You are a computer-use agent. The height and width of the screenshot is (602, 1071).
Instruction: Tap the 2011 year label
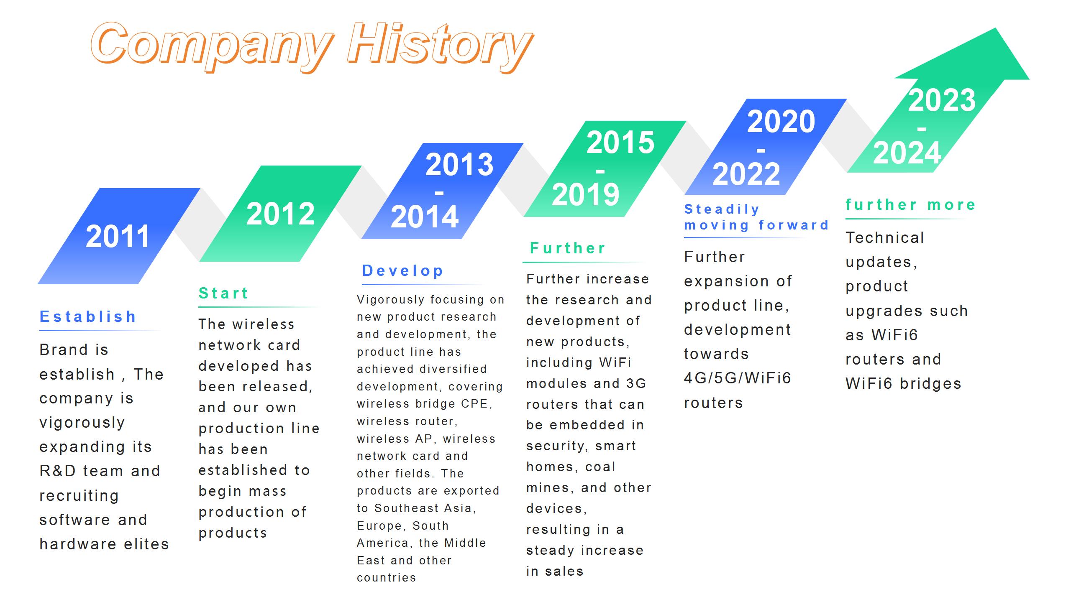click(118, 237)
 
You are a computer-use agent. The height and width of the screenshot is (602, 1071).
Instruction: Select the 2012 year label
click(280, 214)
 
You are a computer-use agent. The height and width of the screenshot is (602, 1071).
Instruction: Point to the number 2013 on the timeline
click(459, 165)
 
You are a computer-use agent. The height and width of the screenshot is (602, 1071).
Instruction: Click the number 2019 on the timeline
click(585, 195)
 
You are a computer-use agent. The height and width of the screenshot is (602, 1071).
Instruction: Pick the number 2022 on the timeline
click(746, 174)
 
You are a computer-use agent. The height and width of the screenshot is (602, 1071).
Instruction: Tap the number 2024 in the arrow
click(907, 153)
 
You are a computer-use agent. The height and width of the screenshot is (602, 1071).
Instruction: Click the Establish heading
click(88, 316)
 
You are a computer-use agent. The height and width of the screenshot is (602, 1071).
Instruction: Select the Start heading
click(224, 293)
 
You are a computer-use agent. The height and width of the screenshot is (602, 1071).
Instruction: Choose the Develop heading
click(403, 270)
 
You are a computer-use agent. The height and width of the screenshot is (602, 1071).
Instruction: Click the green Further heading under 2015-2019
click(568, 248)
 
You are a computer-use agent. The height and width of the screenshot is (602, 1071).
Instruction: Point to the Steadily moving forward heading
click(756, 217)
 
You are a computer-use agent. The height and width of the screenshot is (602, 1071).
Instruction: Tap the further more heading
click(911, 204)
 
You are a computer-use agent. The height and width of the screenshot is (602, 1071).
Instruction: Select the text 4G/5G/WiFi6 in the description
click(738, 378)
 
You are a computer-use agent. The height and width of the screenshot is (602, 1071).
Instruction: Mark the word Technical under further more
click(885, 237)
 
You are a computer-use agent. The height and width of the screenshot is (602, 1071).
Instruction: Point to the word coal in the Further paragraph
click(600, 467)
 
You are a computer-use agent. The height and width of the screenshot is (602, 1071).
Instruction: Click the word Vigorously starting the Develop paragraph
click(391, 300)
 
